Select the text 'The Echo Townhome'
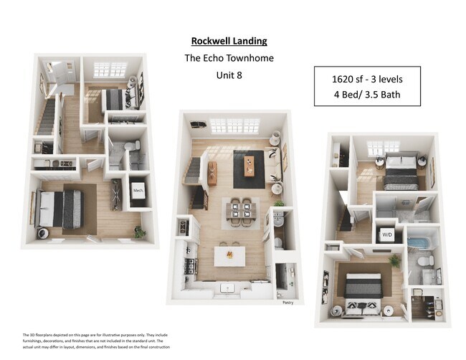229,58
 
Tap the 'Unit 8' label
229,75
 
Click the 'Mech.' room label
138,191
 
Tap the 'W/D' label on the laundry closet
387,235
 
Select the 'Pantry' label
287,303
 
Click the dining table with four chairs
237,210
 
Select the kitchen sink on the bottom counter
229,288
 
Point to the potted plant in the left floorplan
139,232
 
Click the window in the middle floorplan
234,126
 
